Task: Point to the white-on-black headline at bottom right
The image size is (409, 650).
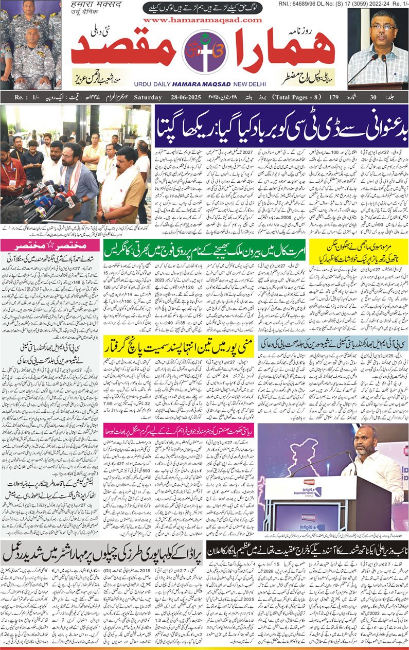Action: click(x=307, y=550)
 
